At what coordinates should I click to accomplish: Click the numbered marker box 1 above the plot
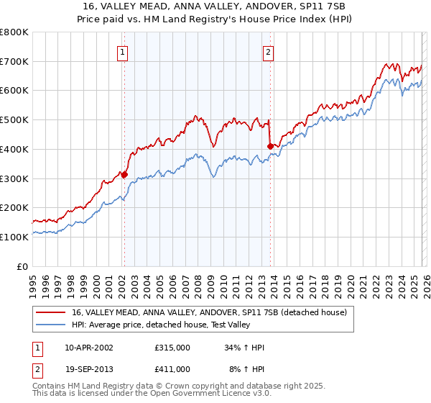pyautogui.click(x=123, y=52)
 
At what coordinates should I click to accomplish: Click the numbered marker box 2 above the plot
pyautogui.click(x=268, y=52)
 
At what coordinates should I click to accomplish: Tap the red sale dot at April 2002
pyautogui.click(x=124, y=174)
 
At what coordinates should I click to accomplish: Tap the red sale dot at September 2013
pyautogui.click(x=270, y=146)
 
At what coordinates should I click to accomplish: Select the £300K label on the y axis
pyautogui.click(x=15, y=178)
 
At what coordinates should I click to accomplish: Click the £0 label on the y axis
pyautogui.click(x=23, y=266)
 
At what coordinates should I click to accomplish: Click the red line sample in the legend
pyautogui.click(x=51, y=312)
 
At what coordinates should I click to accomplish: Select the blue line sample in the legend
pyautogui.click(x=51, y=325)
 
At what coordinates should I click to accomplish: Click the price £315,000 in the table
pyautogui.click(x=172, y=348)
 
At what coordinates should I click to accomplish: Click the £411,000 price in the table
pyautogui.click(x=172, y=368)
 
